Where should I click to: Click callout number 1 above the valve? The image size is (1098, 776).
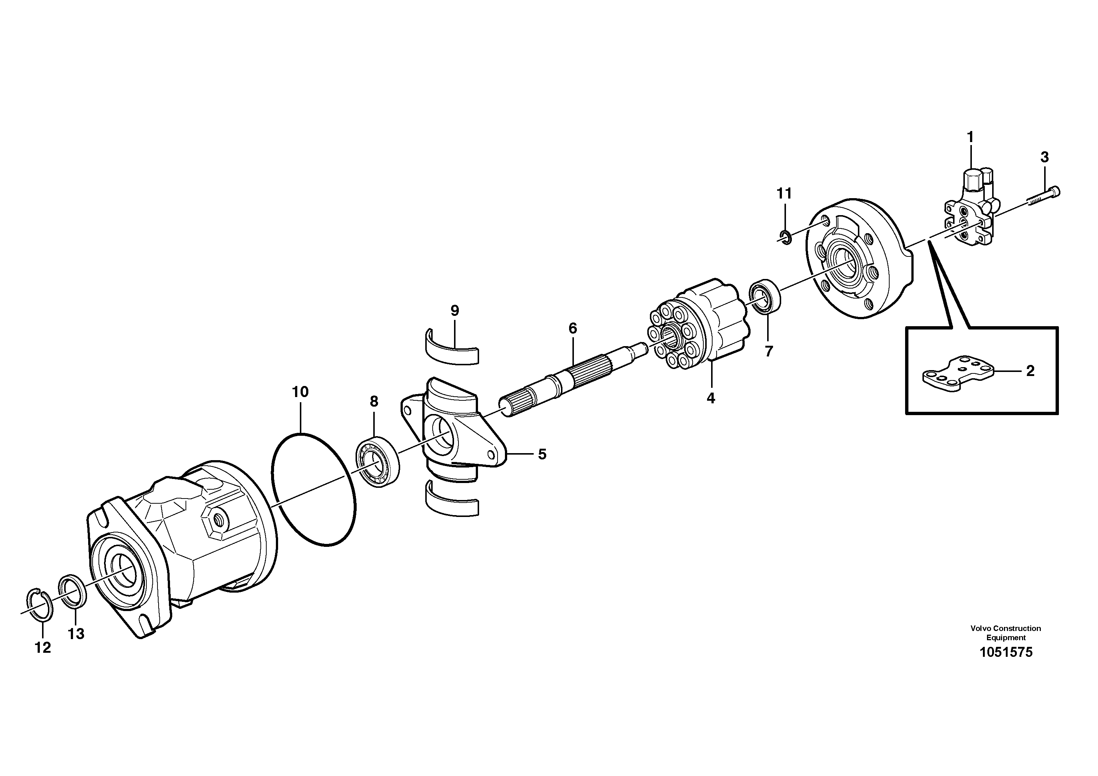tap(970, 137)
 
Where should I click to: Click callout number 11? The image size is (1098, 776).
tap(784, 193)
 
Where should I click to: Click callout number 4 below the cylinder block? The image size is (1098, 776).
tap(711, 398)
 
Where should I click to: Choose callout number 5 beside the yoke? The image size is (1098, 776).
tap(542, 454)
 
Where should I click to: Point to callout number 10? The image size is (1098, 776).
tap(300, 392)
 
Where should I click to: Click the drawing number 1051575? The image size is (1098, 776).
tap(1006, 652)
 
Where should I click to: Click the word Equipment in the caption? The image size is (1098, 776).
tap(1006, 638)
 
